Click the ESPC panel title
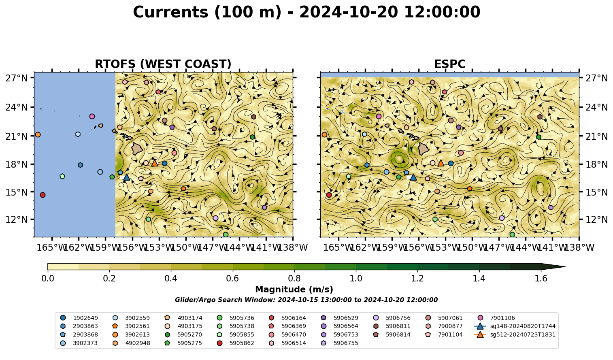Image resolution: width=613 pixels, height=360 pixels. [449, 64]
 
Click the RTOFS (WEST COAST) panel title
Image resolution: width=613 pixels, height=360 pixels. [163, 64]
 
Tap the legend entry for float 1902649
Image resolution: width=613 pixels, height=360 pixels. [79, 318]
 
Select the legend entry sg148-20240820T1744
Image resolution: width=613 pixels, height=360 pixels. [515, 326]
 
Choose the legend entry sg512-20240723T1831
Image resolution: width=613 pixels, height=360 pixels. [515, 334]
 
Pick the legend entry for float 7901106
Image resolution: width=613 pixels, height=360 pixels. [497, 318]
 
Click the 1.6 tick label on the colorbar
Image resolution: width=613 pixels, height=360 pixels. [541, 279]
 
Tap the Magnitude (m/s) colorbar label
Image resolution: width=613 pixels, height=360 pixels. [294, 290]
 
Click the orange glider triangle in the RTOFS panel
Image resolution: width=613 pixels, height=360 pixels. [155, 163]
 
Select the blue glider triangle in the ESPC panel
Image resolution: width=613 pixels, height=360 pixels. [413, 177]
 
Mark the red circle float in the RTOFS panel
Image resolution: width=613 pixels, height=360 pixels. [43, 195]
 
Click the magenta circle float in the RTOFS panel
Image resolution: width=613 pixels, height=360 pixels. [92, 116]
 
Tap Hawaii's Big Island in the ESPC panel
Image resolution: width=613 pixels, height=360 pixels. [424, 149]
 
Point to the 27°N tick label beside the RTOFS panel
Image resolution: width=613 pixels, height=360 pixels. [17, 78]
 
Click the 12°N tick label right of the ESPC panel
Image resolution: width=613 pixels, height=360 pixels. [596, 219]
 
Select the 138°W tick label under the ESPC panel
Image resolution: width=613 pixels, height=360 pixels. [580, 247]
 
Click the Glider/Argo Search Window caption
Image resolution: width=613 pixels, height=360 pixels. [306, 300]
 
